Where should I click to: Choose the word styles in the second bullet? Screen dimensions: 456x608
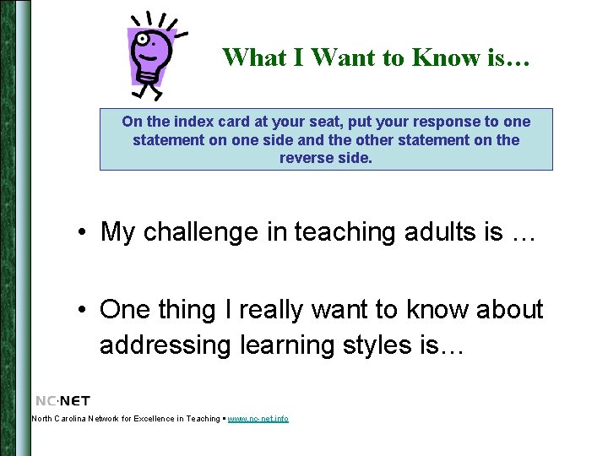click(378, 345)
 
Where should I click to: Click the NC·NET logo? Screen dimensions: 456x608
click(62, 401)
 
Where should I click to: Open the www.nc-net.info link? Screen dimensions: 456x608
click(258, 420)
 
